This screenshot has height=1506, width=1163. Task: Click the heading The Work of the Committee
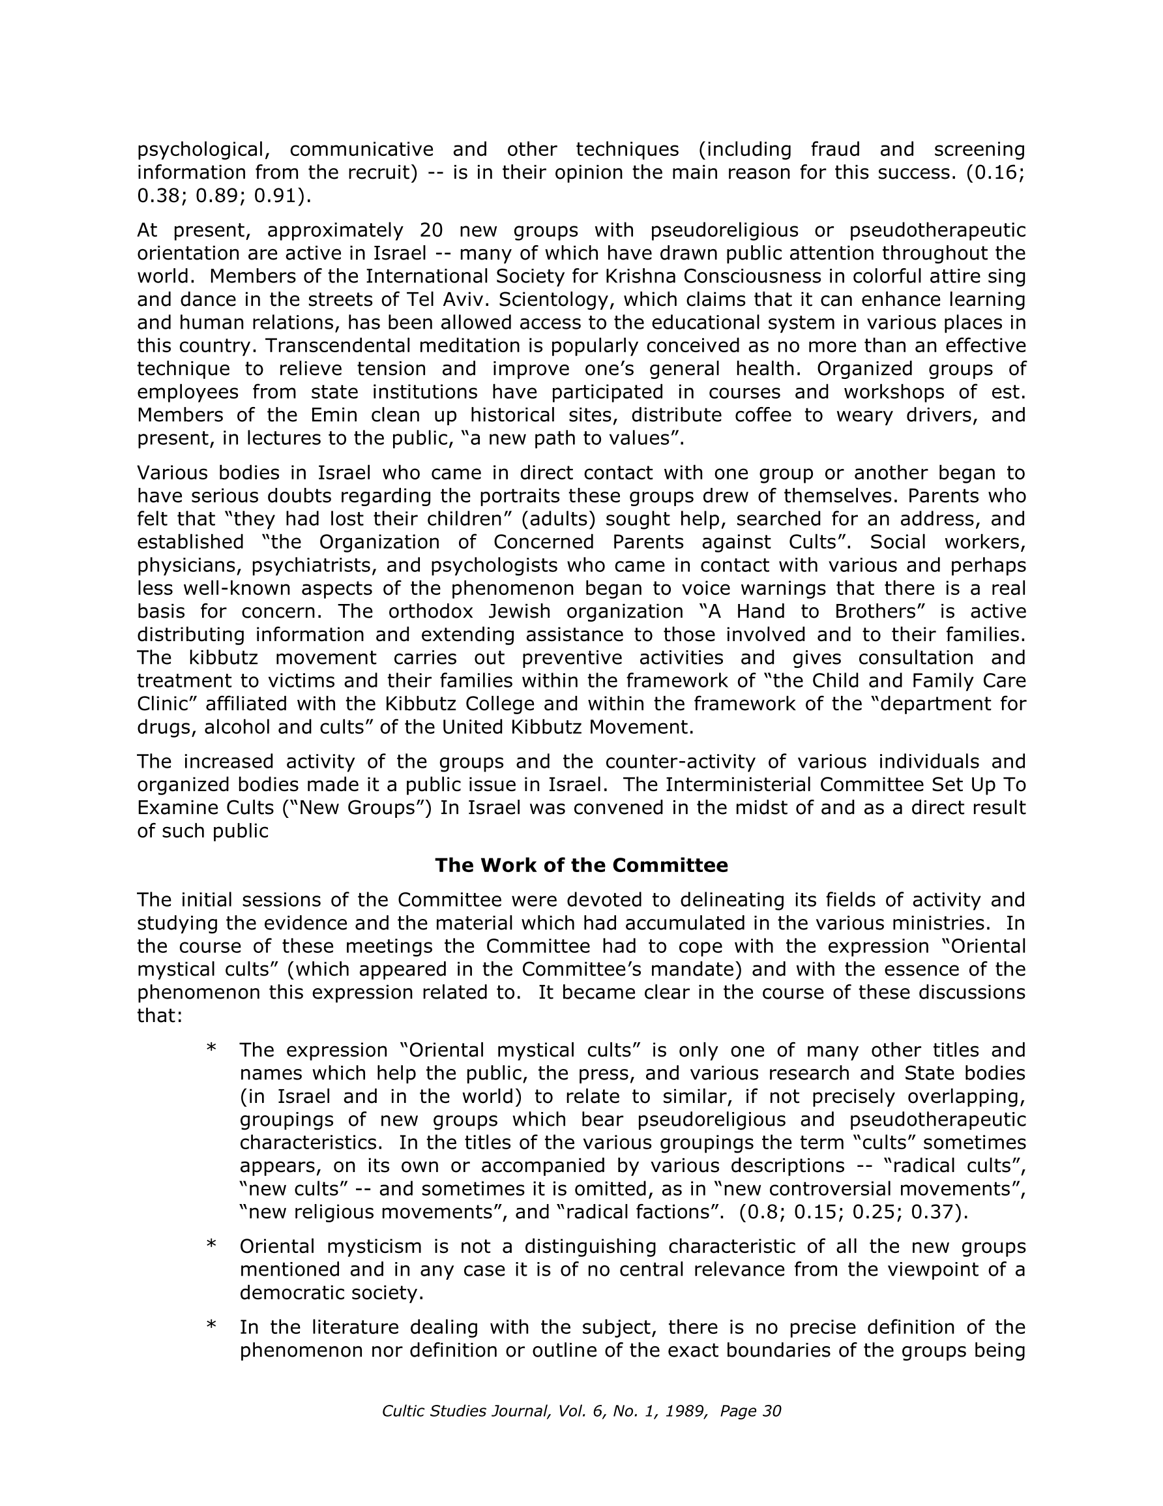(x=581, y=866)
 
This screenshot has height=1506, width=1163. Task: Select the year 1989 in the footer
(x=685, y=1411)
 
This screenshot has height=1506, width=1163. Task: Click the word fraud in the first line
(x=836, y=149)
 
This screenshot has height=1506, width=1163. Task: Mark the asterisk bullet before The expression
(x=212, y=1049)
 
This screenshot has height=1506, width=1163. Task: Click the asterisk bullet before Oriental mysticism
(x=212, y=1244)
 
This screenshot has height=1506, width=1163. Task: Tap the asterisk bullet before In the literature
(x=212, y=1325)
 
